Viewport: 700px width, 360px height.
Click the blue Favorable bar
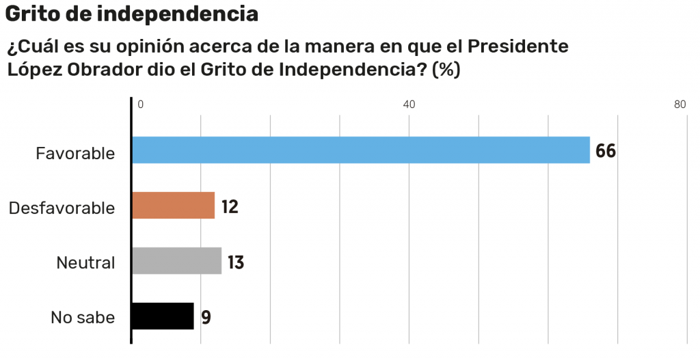pos(360,150)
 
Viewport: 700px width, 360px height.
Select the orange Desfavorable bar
pos(173,206)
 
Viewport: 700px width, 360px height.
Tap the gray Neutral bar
pos(176,261)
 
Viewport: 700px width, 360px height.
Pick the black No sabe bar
pos(163,316)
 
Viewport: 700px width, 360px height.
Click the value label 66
pos(606,151)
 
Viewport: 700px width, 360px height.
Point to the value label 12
pos(230,206)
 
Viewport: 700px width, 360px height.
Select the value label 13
pos(236,262)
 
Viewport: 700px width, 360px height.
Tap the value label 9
pos(206,317)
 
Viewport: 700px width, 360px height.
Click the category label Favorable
pos(75,153)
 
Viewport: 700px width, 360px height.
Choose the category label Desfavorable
pos(62,208)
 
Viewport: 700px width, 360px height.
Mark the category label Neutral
pos(85,262)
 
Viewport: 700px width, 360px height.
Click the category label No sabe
pos(83,318)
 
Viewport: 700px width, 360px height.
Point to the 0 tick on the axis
pos(140,105)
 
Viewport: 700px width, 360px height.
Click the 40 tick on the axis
pos(409,105)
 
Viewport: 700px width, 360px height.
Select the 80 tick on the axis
pos(679,105)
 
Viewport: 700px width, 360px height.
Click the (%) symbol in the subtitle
pos(446,70)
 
